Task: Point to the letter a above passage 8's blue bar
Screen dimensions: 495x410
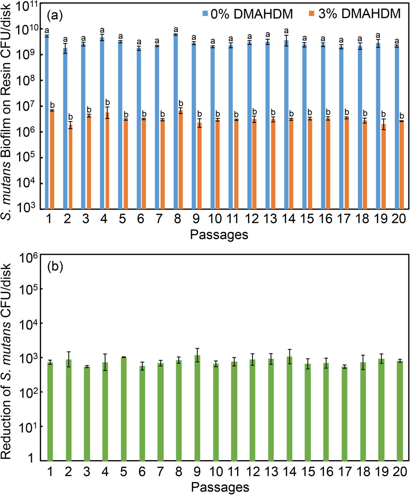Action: point(175,30)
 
